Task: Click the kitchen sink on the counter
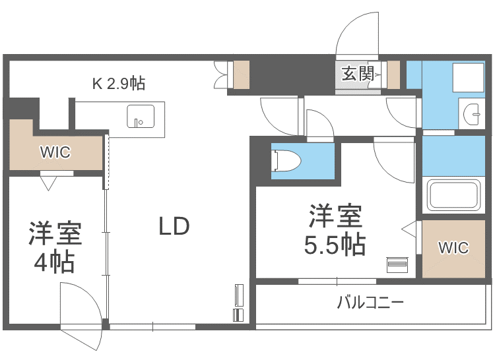[x=141, y=116]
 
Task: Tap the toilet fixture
[x=286, y=161]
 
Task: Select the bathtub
[x=453, y=195]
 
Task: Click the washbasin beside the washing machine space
[x=472, y=113]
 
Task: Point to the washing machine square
[x=468, y=77]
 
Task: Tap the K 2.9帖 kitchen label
[x=119, y=84]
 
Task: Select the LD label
[x=174, y=226]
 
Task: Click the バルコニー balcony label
[x=370, y=303]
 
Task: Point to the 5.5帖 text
[x=335, y=245]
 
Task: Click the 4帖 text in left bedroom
[x=54, y=262]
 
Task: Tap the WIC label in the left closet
[x=55, y=152]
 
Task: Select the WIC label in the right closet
[x=453, y=248]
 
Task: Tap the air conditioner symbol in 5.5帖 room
[x=397, y=265]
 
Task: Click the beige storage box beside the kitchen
[x=241, y=75]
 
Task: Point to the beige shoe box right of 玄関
[x=393, y=75]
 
